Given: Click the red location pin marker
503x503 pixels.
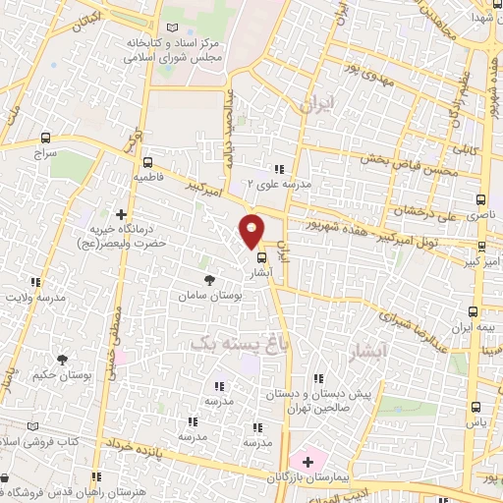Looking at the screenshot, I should (x=252, y=230).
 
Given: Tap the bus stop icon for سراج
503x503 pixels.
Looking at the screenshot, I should (x=46, y=139).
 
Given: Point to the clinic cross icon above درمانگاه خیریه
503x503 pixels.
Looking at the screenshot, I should (x=122, y=214).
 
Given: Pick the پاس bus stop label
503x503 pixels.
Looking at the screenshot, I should (x=476, y=421).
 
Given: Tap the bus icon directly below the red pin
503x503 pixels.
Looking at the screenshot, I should (x=260, y=259).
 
